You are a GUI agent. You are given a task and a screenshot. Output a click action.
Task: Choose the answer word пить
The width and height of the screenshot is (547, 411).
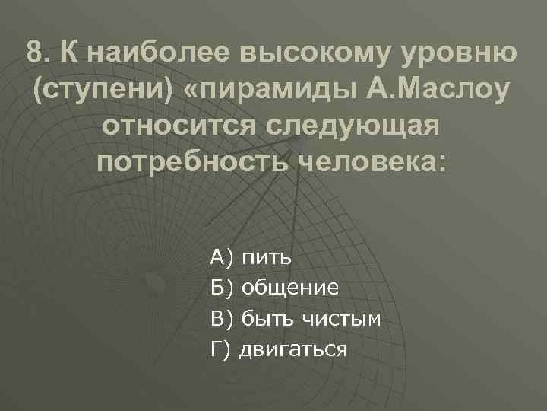click(x=266, y=258)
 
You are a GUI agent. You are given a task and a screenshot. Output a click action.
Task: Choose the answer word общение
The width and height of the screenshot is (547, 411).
click(x=289, y=288)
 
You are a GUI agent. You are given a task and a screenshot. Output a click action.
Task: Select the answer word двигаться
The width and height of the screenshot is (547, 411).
click(x=294, y=349)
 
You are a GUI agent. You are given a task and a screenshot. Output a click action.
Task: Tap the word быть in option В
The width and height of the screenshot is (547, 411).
click(x=262, y=319)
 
